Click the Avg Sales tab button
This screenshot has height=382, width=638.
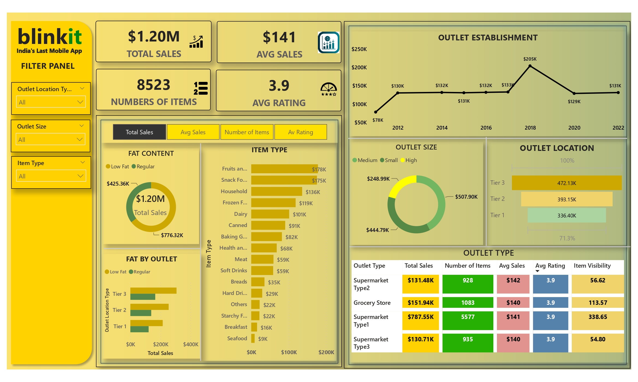tap(193, 132)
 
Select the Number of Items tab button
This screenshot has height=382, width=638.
tap(247, 132)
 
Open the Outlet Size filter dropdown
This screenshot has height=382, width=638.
tap(50, 139)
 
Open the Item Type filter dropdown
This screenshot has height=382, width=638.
tap(51, 176)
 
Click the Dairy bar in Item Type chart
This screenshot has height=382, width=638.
tap(270, 214)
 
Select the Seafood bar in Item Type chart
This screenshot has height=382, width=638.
tap(253, 339)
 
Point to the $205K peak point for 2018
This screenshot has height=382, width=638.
tap(530, 66)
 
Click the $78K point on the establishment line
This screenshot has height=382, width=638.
tap(376, 112)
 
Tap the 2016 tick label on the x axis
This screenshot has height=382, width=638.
tap(486, 128)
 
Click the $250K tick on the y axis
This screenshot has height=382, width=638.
tap(359, 49)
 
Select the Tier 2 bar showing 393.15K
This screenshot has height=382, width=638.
tap(567, 199)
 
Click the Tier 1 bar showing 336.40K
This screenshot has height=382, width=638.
tap(567, 215)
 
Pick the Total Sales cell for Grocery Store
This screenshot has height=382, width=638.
tap(420, 303)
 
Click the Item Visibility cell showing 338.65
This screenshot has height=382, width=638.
tap(598, 317)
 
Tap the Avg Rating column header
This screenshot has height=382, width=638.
tap(550, 265)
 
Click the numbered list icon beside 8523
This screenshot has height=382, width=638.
tap(201, 88)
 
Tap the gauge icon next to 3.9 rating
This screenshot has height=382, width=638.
tap(329, 89)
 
